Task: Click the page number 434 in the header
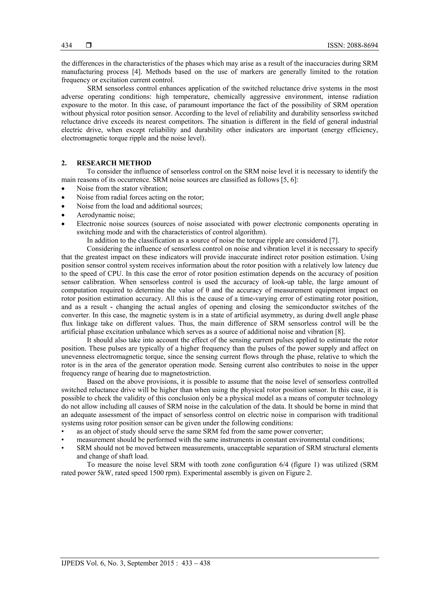[67, 46]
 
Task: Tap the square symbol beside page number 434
[89, 46]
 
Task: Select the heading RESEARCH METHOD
[114, 163]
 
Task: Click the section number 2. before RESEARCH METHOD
[64, 163]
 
